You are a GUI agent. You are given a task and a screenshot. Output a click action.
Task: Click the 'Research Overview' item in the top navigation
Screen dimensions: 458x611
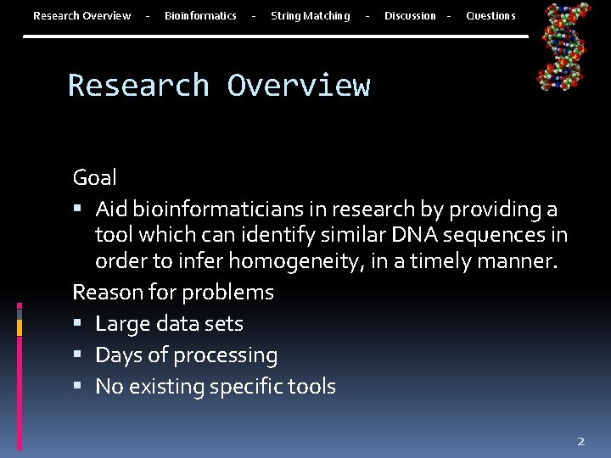(x=81, y=15)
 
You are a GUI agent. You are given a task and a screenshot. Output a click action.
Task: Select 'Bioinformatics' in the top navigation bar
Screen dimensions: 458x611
(x=200, y=15)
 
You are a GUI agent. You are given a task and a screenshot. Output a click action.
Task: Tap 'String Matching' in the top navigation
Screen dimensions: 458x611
(x=310, y=15)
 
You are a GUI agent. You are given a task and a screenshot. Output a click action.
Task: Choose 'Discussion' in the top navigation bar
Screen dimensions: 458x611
(x=410, y=15)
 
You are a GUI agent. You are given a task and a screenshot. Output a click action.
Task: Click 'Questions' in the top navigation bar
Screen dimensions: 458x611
(x=490, y=15)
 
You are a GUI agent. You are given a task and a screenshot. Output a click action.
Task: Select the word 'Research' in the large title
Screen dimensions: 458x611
(x=138, y=86)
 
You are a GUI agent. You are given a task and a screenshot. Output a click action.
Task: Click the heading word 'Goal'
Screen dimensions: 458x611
(x=95, y=177)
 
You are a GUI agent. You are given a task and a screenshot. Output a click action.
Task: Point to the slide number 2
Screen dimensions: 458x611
(x=581, y=441)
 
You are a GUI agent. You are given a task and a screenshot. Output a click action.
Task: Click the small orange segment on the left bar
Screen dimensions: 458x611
(x=19, y=327)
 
